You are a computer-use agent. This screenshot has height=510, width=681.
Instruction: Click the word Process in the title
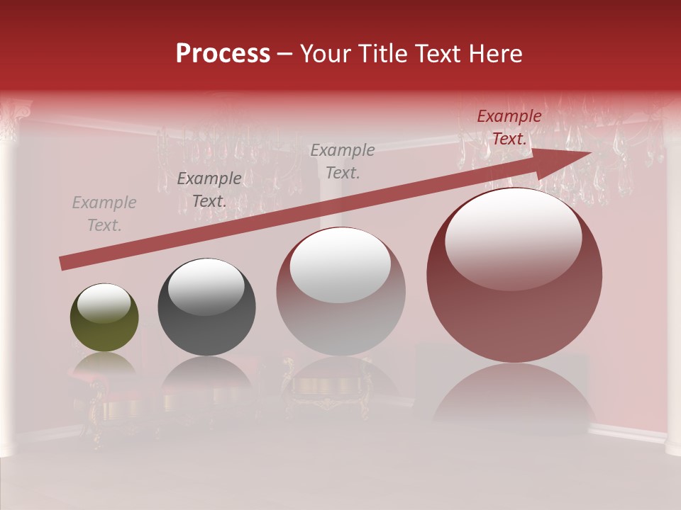click(223, 54)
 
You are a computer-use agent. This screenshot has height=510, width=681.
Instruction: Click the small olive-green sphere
click(104, 317)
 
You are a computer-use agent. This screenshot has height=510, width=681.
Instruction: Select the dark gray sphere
click(206, 307)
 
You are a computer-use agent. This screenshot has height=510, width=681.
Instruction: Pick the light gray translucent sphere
click(340, 292)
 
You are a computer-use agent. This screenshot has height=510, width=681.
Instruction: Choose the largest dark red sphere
click(514, 276)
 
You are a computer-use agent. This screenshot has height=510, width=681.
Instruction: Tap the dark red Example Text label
click(509, 127)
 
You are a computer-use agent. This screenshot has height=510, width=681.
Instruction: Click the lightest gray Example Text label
click(104, 214)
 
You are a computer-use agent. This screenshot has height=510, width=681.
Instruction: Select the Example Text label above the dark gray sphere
click(209, 190)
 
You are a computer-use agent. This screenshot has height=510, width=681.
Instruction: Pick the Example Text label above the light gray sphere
click(343, 161)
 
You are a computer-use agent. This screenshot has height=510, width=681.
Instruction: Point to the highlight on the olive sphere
click(104, 303)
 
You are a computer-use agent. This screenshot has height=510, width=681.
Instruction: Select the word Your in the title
click(328, 54)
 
